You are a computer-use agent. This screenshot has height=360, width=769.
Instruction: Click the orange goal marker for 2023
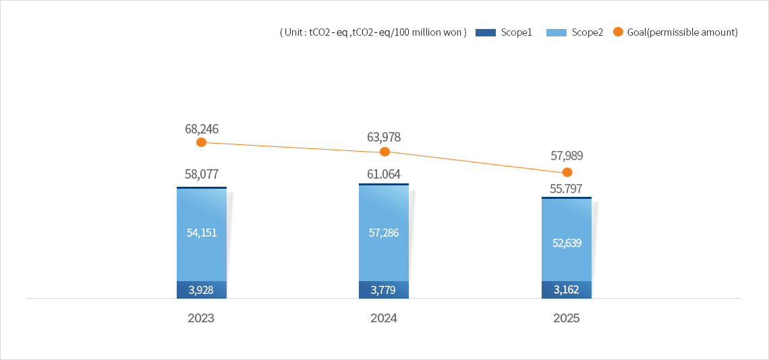[201, 142]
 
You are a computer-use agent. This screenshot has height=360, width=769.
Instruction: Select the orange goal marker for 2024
[384, 152]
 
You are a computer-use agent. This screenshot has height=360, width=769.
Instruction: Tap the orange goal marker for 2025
[567, 172]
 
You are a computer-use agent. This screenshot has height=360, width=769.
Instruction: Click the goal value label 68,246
[201, 129]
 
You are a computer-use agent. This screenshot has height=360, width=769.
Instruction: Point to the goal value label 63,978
[384, 138]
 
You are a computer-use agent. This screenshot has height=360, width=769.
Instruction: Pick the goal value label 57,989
[567, 156]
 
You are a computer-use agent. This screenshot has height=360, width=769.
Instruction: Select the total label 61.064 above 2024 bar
[384, 175]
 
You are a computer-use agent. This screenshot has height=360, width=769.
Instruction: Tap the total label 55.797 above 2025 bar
[567, 189]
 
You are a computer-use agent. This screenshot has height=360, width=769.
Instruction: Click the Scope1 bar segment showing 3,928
[201, 290]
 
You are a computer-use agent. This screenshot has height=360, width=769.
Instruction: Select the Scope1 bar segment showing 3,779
[384, 290]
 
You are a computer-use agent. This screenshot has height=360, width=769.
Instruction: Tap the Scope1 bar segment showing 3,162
[567, 290]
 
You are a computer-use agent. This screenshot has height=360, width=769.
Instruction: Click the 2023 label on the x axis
[201, 318]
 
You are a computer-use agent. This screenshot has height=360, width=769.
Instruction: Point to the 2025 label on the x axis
[567, 318]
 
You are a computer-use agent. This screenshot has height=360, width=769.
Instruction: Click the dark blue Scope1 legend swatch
[486, 32]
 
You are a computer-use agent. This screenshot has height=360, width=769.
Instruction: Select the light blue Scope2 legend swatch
[555, 32]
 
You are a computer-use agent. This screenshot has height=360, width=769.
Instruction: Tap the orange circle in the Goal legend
[618, 32]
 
